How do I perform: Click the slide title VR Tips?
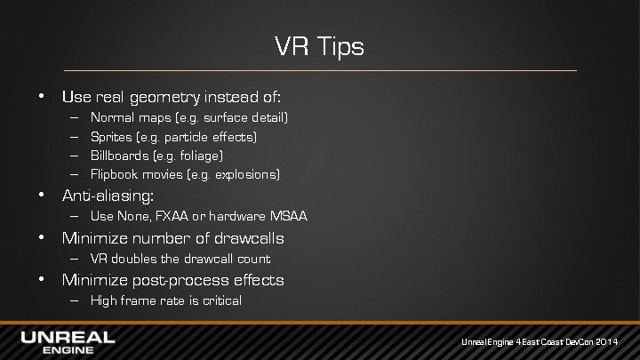pos(319,46)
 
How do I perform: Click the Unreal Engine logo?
pos(68,341)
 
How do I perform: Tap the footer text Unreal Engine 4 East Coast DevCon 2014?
pos(546,342)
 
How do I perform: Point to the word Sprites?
pos(110,136)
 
